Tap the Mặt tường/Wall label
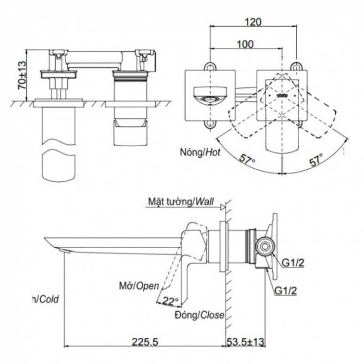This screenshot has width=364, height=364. coord(181,201)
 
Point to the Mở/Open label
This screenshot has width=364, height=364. coord(139,286)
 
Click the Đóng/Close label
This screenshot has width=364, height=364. coord(199,315)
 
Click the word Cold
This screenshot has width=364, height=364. coord(48,299)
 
